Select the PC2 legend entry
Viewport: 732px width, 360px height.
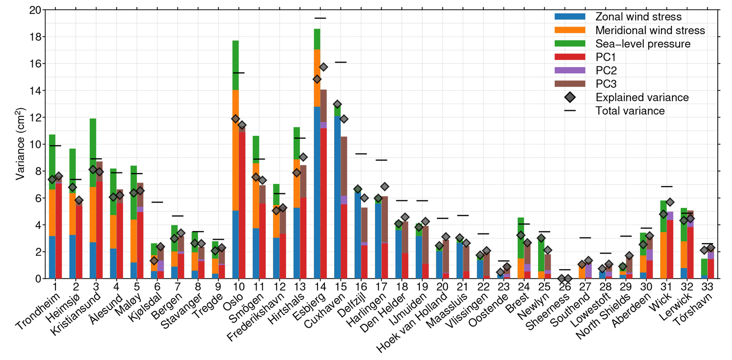coord(606,70)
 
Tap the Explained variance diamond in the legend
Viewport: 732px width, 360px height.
coord(570,97)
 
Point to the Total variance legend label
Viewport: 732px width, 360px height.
coord(630,111)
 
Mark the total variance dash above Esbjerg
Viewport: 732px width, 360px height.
coord(320,18)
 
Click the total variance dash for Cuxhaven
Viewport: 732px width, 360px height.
coord(341,62)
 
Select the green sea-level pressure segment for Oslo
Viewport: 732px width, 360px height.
coord(236,65)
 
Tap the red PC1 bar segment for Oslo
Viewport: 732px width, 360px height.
coord(242,205)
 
